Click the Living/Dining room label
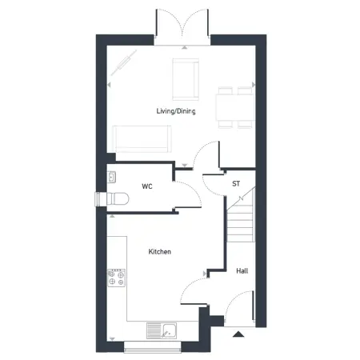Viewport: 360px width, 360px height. coord(176,111)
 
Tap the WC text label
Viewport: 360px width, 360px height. coord(147,186)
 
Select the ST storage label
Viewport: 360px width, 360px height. coord(236,184)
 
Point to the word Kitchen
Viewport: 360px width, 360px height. coord(160,252)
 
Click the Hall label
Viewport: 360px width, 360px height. coord(242,271)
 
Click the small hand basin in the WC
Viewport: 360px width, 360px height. coord(111,178)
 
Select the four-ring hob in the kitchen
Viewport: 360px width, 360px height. coord(116,277)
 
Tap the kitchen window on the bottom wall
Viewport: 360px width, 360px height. coord(154,346)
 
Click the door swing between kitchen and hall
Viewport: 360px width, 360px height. coord(192,296)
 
